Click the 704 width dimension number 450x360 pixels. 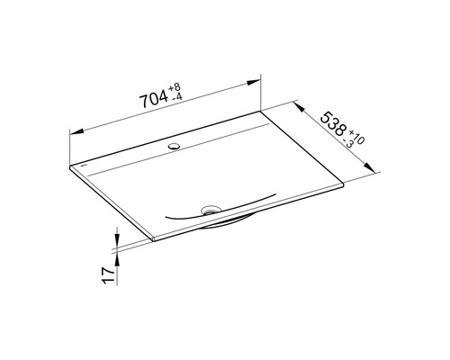coord(154,99)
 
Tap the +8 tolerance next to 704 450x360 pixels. coord(175,87)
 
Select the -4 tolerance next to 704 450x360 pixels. coord(175,97)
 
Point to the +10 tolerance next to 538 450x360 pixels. coord(357,138)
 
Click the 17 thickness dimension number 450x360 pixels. coord(108,275)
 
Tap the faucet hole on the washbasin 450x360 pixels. coord(174,147)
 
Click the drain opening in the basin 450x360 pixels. coord(211,209)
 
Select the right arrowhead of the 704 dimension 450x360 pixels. coord(254,82)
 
